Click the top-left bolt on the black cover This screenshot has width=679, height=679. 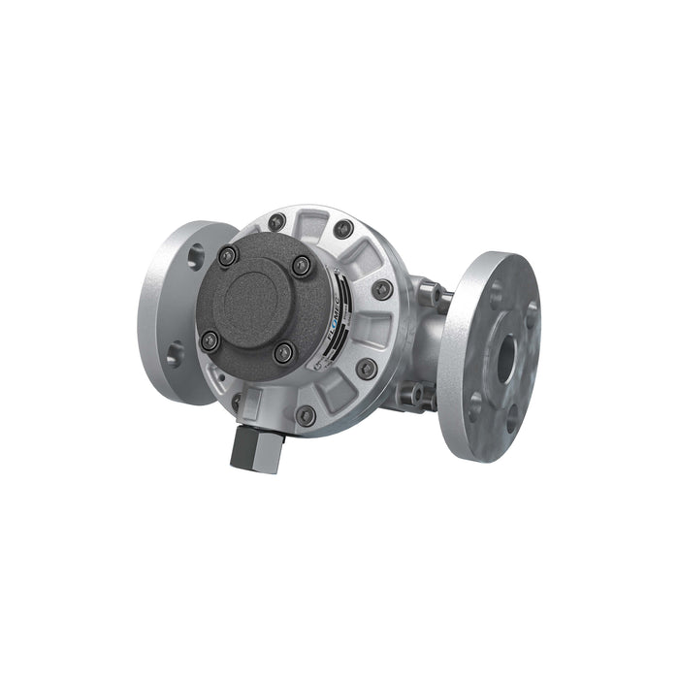pos(228,256)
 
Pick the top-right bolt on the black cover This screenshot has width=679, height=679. pos(303,264)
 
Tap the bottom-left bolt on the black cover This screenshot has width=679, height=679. pos(210,339)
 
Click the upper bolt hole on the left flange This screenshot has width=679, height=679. pos(196,254)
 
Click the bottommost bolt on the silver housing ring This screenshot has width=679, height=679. pos(306,414)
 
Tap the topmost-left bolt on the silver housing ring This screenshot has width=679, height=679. pos(277,221)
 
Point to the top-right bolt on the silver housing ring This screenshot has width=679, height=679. pos(343,229)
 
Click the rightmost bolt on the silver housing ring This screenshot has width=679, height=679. pos(383,289)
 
